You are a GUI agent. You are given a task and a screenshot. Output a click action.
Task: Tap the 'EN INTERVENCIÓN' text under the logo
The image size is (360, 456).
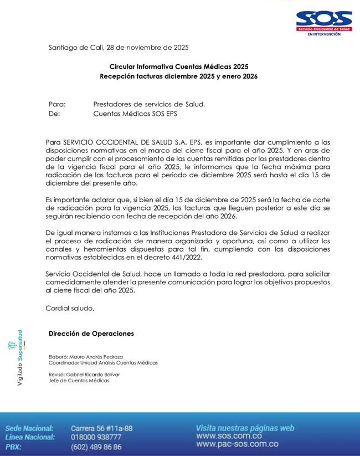point(324,34)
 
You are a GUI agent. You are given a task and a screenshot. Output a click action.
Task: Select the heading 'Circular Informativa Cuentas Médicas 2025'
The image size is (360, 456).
point(178,66)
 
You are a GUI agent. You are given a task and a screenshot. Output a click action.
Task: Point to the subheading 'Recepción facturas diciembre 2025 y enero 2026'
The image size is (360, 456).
point(178,76)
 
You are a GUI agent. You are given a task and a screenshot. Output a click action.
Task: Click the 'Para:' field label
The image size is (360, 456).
point(58,104)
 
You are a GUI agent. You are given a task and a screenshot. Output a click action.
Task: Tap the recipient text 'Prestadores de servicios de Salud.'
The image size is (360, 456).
point(149,104)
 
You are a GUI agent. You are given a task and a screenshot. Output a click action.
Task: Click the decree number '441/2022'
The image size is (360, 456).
point(186,257)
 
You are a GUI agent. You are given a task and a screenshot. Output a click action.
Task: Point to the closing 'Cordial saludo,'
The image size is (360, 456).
point(70,309)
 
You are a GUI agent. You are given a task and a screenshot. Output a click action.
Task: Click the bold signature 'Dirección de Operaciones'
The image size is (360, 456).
point(91,334)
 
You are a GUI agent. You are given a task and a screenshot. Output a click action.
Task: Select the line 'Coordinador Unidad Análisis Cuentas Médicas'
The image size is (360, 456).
point(103,363)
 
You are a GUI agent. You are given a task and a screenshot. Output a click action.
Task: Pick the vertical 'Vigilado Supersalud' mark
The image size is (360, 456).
point(20,358)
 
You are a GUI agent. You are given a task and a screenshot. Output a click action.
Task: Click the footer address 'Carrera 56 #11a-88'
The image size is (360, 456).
point(101,428)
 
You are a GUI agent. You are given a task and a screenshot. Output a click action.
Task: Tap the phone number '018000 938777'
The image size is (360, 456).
point(96,437)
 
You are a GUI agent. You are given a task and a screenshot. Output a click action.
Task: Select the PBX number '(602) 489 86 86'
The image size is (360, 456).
point(96,447)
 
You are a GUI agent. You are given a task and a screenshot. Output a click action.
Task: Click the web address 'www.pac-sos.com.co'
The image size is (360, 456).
point(237,444)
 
